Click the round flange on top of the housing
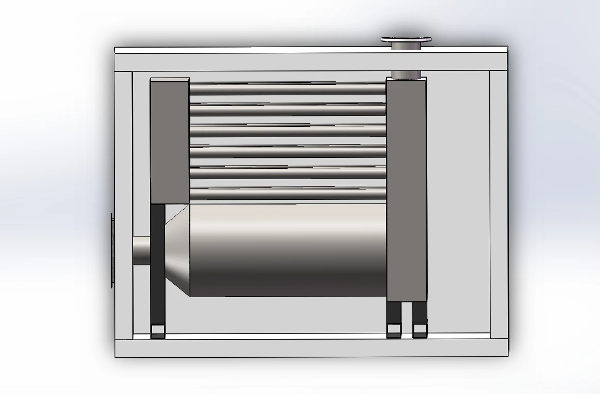pyautogui.click(x=407, y=39)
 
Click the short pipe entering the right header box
pyautogui.click(x=407, y=75)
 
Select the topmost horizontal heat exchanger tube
pyautogui.click(x=288, y=89)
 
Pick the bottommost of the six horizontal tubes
pyautogui.click(x=288, y=194)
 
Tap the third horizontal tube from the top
pyautogui.click(x=288, y=131)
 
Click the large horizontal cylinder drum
pyautogui.click(x=288, y=250)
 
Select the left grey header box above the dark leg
pyautogui.click(x=170, y=140)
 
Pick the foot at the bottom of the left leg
pyautogui.click(x=158, y=331)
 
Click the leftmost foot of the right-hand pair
pyautogui.click(x=394, y=330)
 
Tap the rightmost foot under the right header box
pyautogui.click(x=419, y=330)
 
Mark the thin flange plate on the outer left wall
pyautogui.click(x=112, y=250)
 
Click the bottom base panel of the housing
pyautogui.click(x=311, y=348)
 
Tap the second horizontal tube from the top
pyautogui.click(x=288, y=110)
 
